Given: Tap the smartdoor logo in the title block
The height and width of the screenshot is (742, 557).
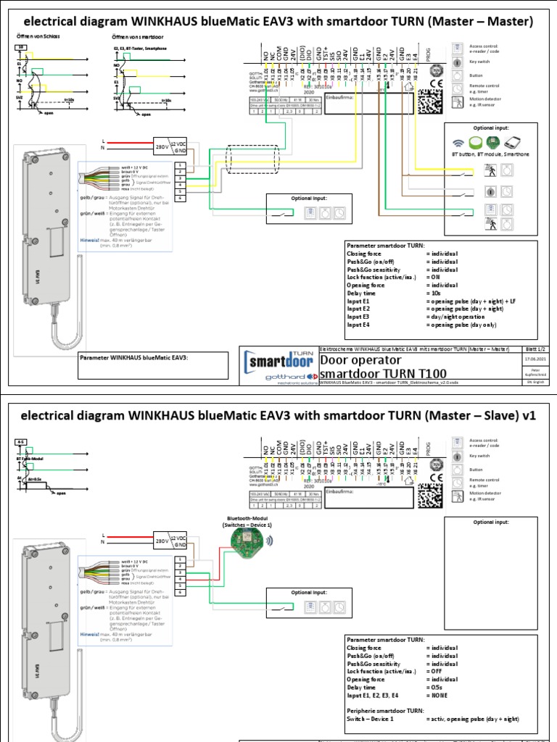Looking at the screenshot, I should point(279,360).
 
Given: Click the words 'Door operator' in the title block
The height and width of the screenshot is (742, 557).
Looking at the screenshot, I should point(360,359).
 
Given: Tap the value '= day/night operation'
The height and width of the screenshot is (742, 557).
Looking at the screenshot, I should point(458,316).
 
